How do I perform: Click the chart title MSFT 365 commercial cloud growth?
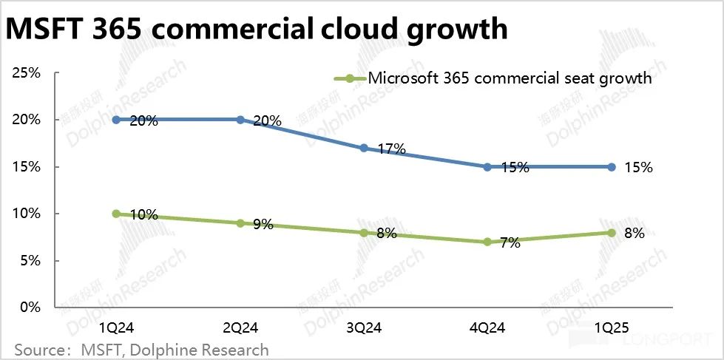[257, 29]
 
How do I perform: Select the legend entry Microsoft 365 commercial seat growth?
[510, 78]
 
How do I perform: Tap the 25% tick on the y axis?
[25, 73]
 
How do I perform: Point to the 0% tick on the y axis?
[29, 308]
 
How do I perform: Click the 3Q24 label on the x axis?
[364, 327]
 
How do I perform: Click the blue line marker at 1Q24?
[116, 120]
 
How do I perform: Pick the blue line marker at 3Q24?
[364, 148]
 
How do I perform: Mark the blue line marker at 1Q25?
[612, 167]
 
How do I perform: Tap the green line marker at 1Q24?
[116, 214]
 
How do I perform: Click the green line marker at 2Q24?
[240, 223]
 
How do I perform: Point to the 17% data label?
[391, 149]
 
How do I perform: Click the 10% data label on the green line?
[143, 215]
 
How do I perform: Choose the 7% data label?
[510, 242]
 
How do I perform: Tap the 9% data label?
[263, 223]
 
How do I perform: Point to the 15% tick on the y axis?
[25, 167]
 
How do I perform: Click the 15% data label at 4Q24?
[515, 168]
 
